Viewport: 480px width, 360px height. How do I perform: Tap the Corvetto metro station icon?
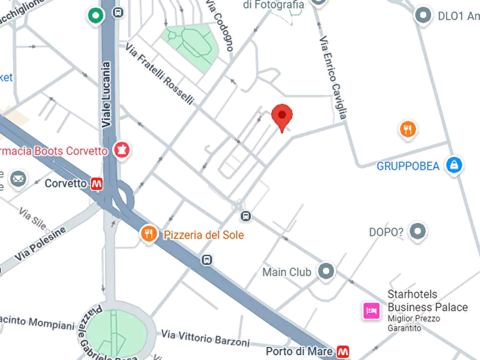97,183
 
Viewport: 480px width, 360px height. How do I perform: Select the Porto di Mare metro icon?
343,352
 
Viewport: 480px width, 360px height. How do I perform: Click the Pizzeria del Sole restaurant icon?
149,234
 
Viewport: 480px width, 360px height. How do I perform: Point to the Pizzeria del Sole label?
204,235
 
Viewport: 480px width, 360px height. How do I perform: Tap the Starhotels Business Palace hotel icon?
371,311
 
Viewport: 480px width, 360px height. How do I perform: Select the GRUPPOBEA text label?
408,166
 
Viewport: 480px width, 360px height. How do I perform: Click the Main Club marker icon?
326,271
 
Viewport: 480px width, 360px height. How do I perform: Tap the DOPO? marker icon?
418,232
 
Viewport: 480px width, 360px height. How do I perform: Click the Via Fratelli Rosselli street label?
160,74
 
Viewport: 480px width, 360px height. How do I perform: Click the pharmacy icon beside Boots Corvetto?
121,150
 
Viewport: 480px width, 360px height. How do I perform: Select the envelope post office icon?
18,178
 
